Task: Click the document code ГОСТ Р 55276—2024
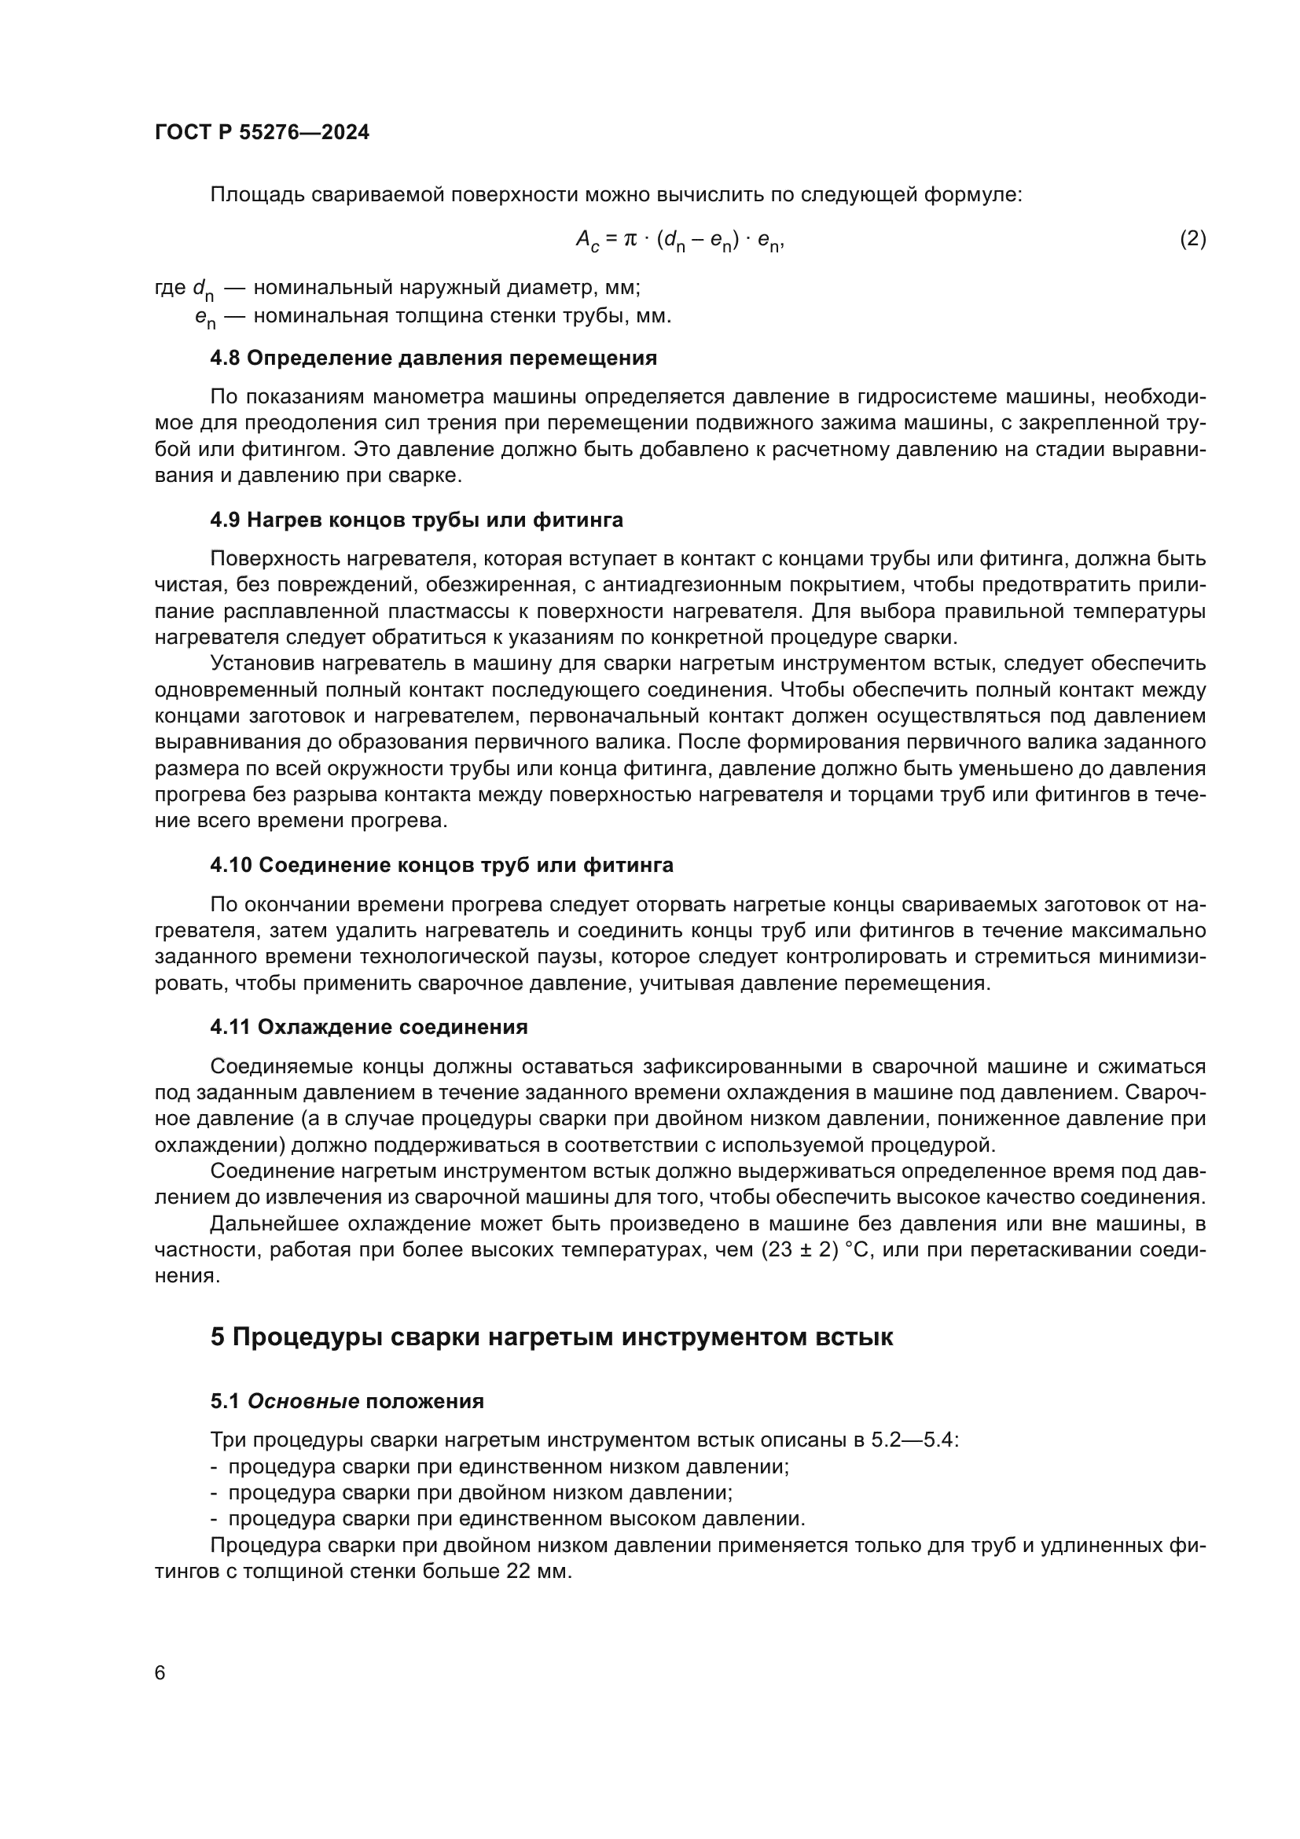pos(262,133)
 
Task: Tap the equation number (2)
pos(1193,239)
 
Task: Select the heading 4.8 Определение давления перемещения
pos(433,358)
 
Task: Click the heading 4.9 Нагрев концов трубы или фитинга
pos(417,520)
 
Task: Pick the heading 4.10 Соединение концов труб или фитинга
pos(442,865)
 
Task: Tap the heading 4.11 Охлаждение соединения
pos(369,1027)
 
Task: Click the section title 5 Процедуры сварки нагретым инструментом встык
pos(552,1337)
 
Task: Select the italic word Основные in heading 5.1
pos(303,1401)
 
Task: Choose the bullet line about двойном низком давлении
pos(480,1492)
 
